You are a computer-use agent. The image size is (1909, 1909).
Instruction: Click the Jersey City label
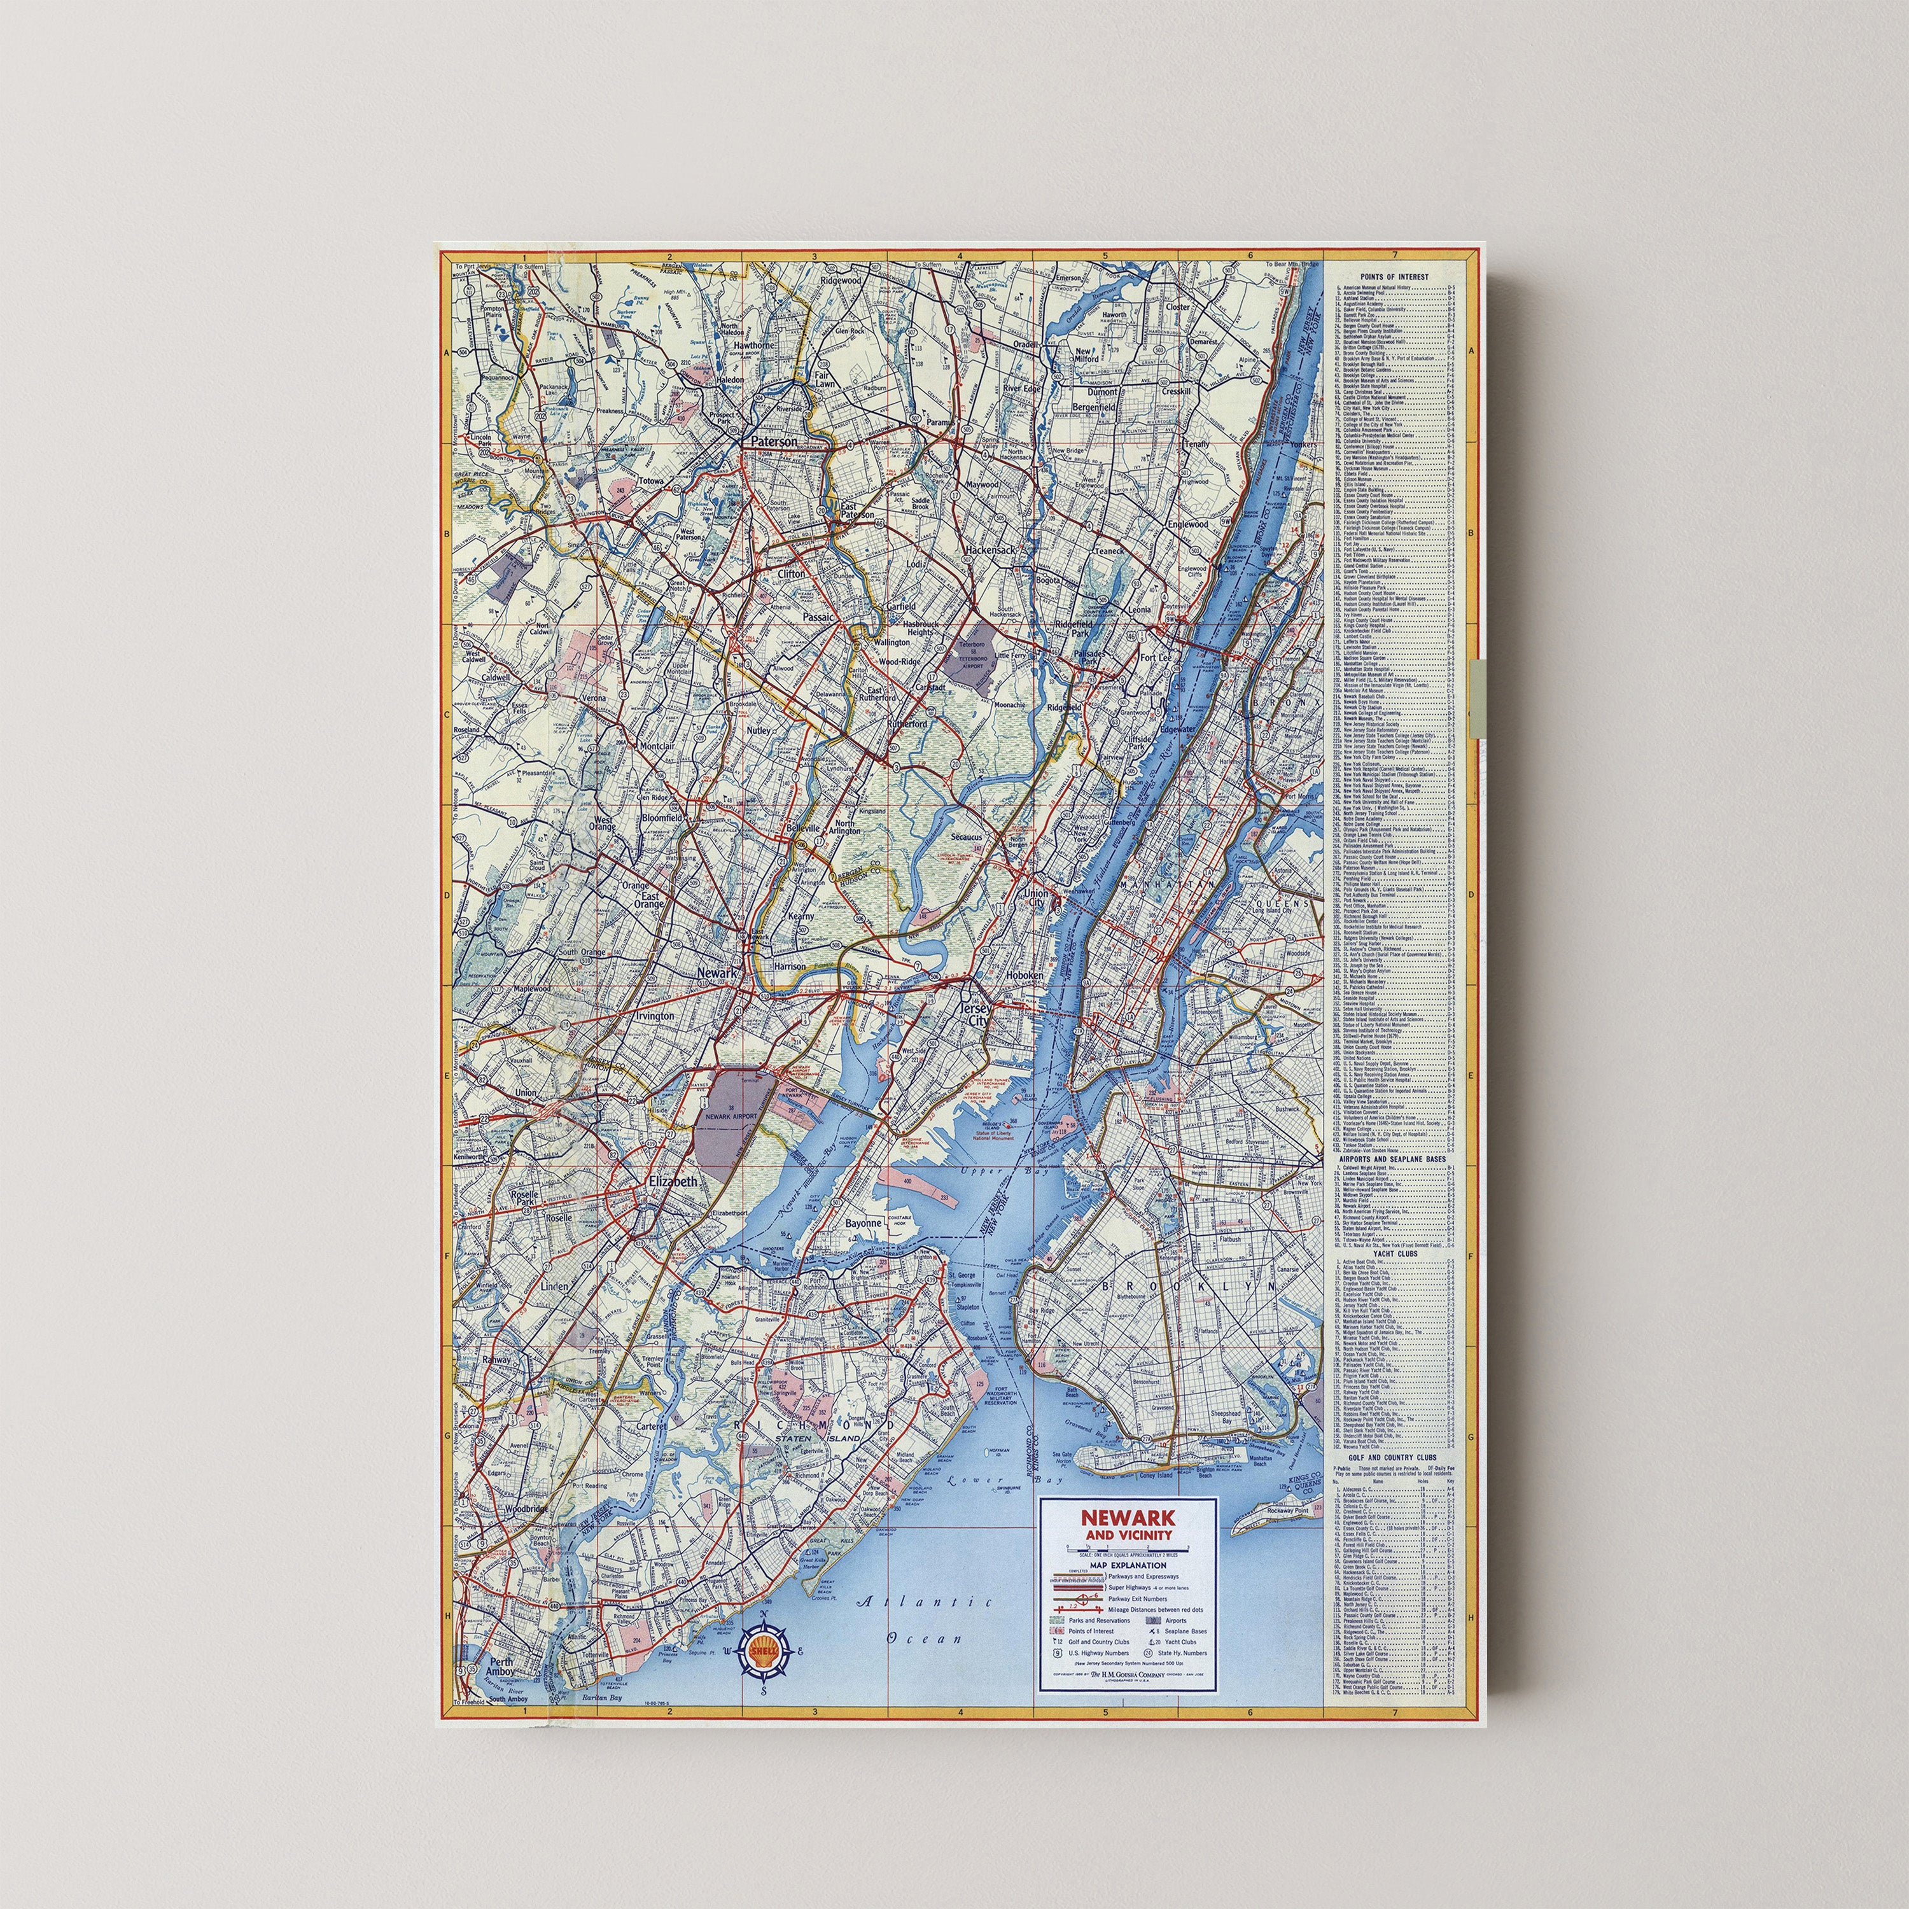pyautogui.click(x=974, y=1014)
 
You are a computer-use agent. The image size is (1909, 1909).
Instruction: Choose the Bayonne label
pyautogui.click(x=863, y=1223)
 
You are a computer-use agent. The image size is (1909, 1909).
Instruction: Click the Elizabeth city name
pyautogui.click(x=673, y=1181)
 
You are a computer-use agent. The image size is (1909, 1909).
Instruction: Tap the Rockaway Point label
pyautogui.click(x=1287, y=1511)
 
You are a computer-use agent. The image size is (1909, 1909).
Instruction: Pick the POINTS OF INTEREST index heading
pyautogui.click(x=1393, y=277)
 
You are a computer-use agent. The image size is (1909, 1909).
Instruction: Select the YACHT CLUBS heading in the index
pyautogui.click(x=1393, y=1253)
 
